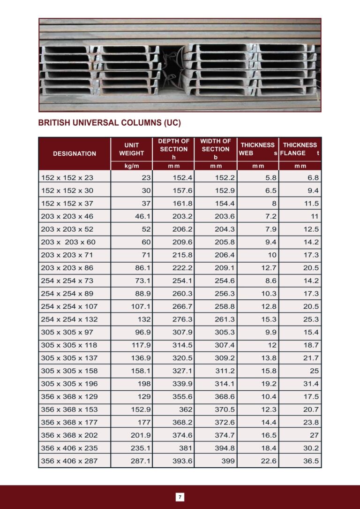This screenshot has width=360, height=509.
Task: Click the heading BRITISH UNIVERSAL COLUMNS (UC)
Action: pyautogui.click(x=109, y=123)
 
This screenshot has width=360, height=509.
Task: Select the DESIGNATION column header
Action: pyautogui.click(x=75, y=153)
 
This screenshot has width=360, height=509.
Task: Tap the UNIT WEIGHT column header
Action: pyautogui.click(x=131, y=149)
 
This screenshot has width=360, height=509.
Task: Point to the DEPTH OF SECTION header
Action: pyautogui.click(x=173, y=149)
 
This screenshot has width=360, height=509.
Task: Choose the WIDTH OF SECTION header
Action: pyautogui.click(x=216, y=149)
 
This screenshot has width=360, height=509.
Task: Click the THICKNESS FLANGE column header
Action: pyautogui.click(x=300, y=149)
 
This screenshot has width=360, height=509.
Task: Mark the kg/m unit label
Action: pyautogui.click(x=131, y=166)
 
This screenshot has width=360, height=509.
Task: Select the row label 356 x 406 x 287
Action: pyautogui.click(x=69, y=461)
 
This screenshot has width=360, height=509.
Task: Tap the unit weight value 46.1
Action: pyautogui.click(x=142, y=216)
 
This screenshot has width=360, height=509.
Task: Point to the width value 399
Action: pyautogui.click(x=228, y=461)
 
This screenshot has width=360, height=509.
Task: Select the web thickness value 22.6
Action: pyautogui.click(x=269, y=461)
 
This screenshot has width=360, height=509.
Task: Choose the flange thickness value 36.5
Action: pyautogui.click(x=311, y=461)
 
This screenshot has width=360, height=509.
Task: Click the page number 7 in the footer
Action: pyautogui.click(x=180, y=497)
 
